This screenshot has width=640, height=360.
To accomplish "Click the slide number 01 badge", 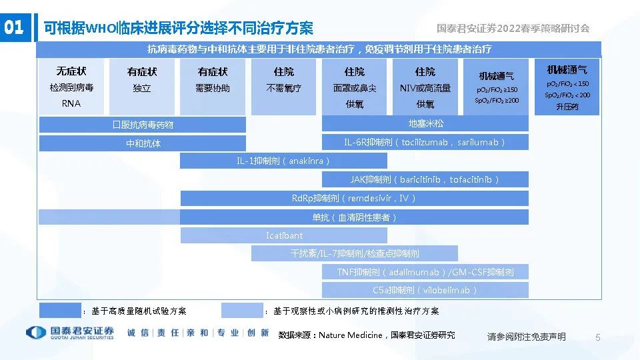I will coord(14,27).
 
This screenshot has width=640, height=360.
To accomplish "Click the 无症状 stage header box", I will coord(71,87).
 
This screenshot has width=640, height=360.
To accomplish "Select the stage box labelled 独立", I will coord(142,87).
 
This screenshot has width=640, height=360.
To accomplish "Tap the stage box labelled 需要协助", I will coord(213,87).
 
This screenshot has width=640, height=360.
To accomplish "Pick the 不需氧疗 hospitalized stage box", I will coord(283,87).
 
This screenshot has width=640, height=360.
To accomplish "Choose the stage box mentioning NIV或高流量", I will coord(425,87).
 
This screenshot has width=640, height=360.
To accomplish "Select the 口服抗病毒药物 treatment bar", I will coord(142,125).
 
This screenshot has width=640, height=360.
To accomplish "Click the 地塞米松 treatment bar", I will coord(425,123).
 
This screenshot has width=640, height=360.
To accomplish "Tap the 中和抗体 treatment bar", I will coord(142,143).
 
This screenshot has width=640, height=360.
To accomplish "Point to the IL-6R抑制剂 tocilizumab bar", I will coord(425,142).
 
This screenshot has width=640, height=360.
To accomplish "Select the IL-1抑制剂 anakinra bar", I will coord(283,161).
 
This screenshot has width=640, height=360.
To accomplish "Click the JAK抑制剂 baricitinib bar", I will coord(425,179).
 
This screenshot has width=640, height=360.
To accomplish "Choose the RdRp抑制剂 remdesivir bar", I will coord(354,198).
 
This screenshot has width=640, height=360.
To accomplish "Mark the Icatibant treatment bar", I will coord(284,235).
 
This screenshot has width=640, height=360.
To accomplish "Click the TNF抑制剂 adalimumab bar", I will coord(425,272).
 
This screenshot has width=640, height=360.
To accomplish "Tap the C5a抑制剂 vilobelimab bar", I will coord(425,290).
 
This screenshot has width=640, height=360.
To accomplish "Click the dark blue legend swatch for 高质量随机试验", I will coord(60,311).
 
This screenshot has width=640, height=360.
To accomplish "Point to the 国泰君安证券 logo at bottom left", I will coord(69,333).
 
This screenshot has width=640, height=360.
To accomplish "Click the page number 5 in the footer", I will coord(597,337).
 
